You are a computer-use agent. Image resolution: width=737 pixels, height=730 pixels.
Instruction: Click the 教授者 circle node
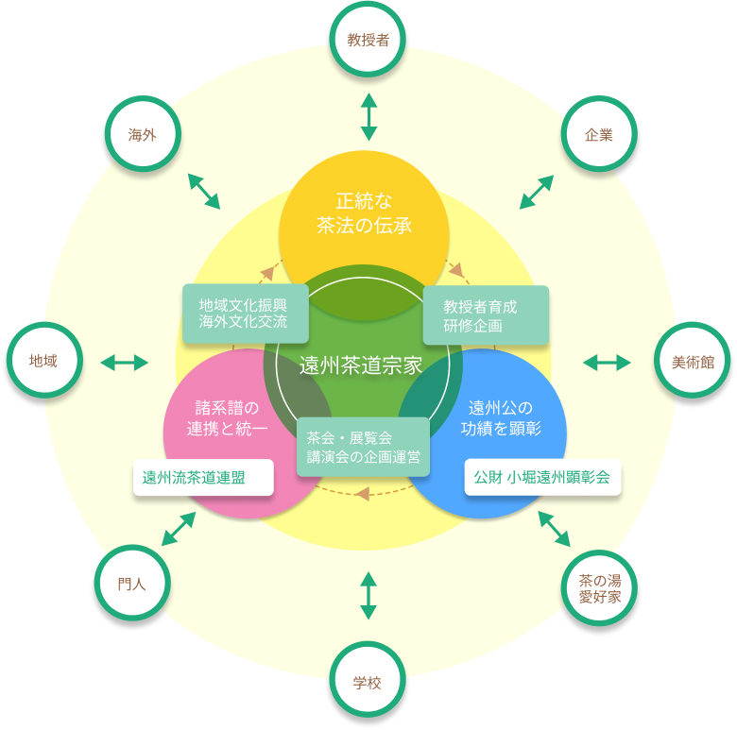(368, 40)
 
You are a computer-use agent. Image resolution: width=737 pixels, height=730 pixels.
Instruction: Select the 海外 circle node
(142, 134)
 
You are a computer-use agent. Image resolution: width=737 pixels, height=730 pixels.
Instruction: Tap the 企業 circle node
(598, 134)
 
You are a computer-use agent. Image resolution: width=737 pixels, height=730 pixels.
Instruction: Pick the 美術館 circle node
(693, 362)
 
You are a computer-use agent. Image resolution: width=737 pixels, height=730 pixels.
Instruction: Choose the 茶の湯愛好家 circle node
(599, 588)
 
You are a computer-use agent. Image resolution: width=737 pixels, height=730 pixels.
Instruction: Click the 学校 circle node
(368, 682)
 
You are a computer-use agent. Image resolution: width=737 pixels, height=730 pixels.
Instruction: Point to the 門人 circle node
(132, 583)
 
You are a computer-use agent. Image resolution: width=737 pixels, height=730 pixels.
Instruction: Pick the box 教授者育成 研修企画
(485, 315)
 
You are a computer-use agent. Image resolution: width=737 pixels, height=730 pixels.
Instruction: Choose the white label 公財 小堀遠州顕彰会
(542, 477)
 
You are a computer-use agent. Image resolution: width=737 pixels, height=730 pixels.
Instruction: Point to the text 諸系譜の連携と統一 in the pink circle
(227, 418)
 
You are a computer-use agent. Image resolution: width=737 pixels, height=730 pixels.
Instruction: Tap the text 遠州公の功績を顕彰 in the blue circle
(501, 418)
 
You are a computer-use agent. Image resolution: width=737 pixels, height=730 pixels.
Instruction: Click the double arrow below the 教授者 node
(368, 116)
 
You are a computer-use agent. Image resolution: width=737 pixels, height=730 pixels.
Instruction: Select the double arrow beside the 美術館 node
(607, 362)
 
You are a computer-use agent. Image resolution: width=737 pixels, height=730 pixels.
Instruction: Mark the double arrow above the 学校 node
(368, 595)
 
